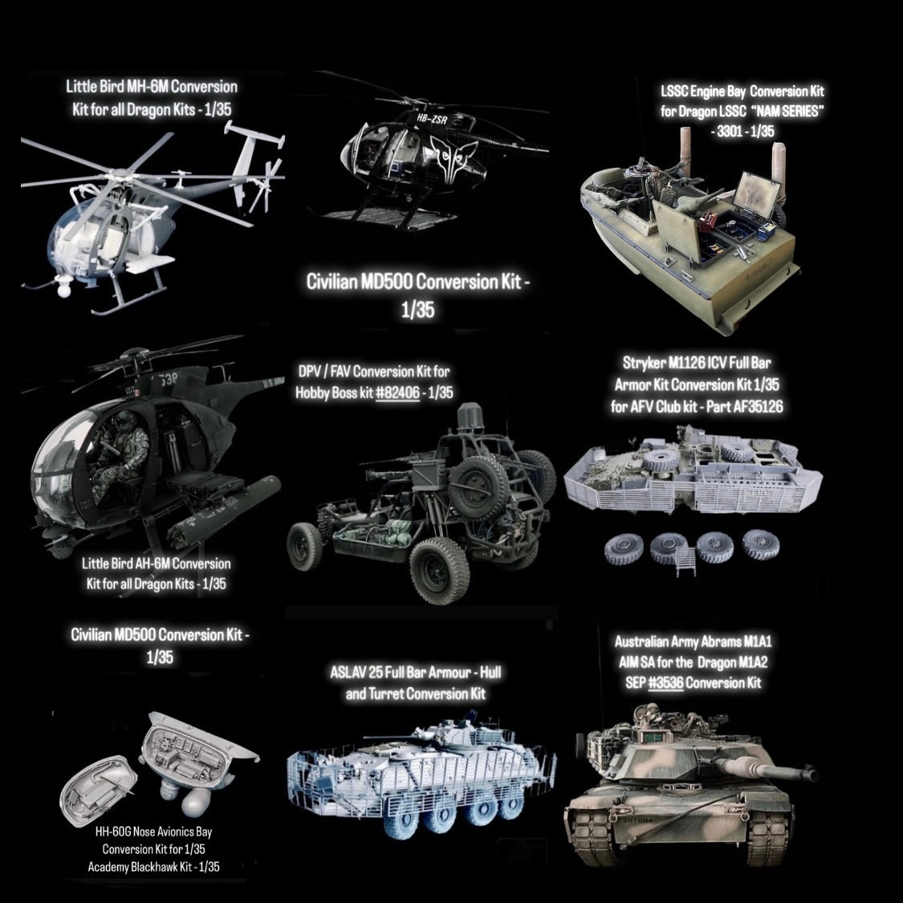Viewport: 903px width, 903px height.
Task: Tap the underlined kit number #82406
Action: (x=397, y=393)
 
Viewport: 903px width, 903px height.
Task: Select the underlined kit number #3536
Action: (x=665, y=684)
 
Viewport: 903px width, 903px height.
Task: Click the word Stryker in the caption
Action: (x=643, y=364)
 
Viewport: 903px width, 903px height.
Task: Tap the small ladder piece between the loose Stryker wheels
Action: (x=684, y=561)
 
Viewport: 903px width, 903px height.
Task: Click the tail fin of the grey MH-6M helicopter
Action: (x=255, y=138)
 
